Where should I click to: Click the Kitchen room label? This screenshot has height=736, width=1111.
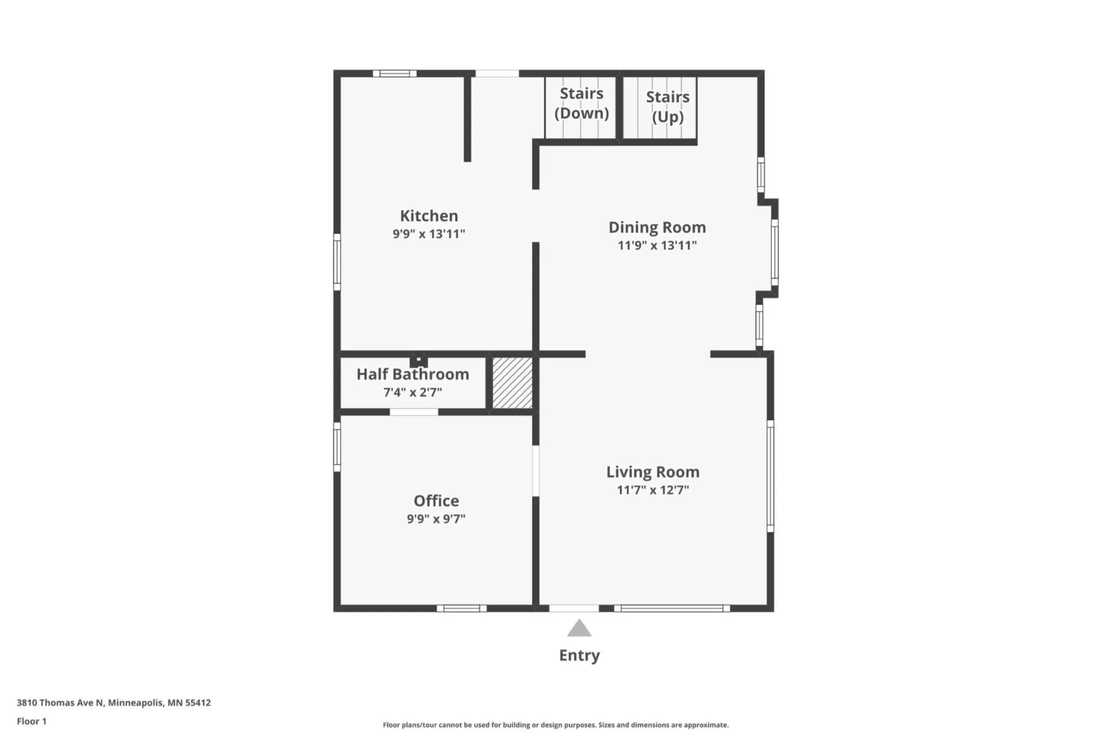tap(429, 215)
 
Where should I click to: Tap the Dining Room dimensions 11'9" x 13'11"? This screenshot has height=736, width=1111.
tap(657, 245)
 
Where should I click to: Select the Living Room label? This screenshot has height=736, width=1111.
tap(653, 471)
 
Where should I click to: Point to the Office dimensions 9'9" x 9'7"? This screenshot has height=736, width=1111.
tap(436, 518)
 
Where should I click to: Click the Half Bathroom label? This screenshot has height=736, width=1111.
tap(413, 374)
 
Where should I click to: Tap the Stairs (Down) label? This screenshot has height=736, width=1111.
tap(582, 103)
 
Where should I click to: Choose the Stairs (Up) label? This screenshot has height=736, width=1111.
tap(668, 106)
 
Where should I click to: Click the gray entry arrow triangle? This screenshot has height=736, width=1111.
tap(579, 628)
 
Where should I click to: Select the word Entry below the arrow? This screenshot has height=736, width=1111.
tap(580, 655)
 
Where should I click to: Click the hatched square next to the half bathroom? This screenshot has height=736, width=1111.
tap(512, 383)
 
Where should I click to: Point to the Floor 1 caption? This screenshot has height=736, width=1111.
tap(32, 721)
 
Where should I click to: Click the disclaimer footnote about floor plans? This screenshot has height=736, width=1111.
tap(555, 725)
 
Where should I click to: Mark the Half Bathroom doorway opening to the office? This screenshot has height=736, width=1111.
tap(414, 412)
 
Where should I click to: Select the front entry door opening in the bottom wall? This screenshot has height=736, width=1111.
tap(574, 608)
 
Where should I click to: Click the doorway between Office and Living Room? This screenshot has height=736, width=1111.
tap(536, 471)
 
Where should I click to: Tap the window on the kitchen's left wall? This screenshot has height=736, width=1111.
tap(337, 262)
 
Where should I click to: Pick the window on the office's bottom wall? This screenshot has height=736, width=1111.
tap(461, 608)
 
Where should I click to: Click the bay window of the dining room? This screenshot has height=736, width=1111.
tap(775, 252)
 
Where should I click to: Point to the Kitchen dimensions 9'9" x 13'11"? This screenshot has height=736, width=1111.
tap(429, 234)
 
